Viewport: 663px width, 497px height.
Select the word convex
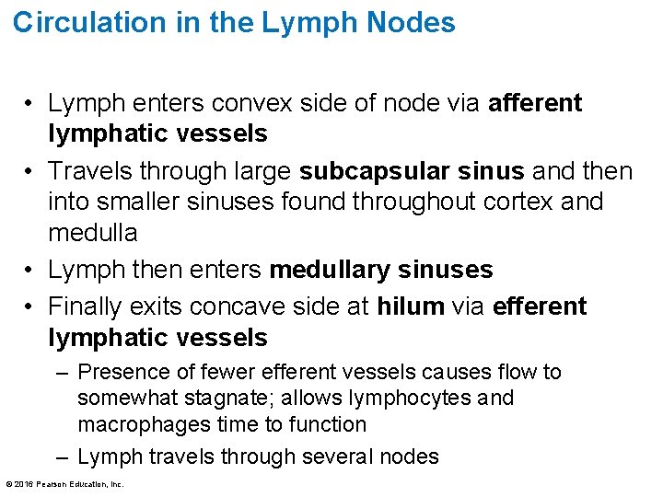(285, 103)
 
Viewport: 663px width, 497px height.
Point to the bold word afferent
(535, 103)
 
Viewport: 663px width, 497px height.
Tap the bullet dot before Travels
(31, 172)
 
